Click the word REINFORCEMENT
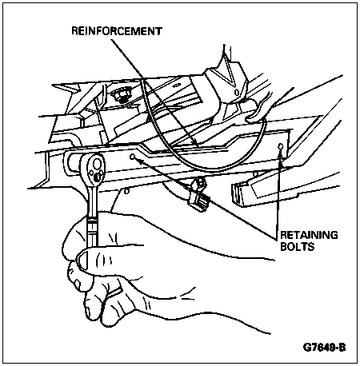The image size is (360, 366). click(117, 31)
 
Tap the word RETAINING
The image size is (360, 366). click(309, 235)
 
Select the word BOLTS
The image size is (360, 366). click(298, 247)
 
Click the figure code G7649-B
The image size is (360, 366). click(324, 348)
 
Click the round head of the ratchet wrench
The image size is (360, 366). click(94, 170)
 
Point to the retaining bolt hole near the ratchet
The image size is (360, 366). click(132, 157)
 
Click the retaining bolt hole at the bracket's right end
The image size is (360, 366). click(280, 146)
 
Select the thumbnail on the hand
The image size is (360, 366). click(82, 258)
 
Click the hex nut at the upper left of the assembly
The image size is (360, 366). click(121, 94)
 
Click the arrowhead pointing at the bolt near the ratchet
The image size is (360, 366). click(138, 160)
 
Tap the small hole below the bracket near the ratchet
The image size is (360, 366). click(127, 191)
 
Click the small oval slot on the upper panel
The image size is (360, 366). click(176, 86)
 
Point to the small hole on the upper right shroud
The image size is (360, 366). click(236, 93)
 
